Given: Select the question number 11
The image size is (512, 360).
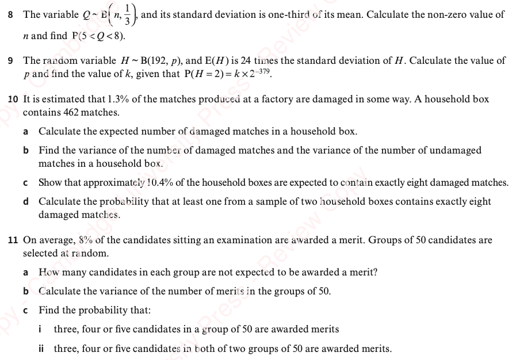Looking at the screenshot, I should pyautogui.click(x=12, y=240).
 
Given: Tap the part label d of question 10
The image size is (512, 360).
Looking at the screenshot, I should pyautogui.click(x=26, y=202).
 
